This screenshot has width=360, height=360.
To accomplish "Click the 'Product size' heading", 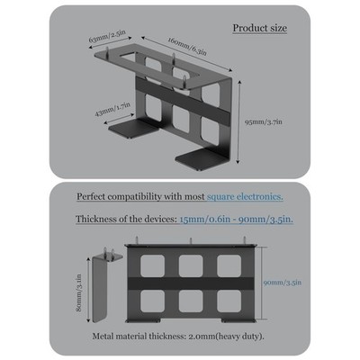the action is pyautogui.click(x=260, y=28).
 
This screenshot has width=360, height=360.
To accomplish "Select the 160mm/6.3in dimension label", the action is pyautogui.click(x=187, y=46).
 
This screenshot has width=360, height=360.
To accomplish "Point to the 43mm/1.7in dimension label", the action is pyautogui.click(x=112, y=110).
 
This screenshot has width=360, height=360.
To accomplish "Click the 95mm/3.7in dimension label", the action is pyautogui.click(x=264, y=122).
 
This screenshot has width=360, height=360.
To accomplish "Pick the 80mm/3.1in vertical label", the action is pyautogui.click(x=79, y=292).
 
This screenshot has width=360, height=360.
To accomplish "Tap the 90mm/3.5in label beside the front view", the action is pyautogui.click(x=283, y=283).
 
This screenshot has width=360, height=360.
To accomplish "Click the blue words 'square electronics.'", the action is pyautogui.click(x=245, y=197).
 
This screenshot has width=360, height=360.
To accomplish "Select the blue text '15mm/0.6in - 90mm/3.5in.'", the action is pyautogui.click(x=237, y=219).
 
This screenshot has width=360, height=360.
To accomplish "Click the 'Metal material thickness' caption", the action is pyautogui.click(x=178, y=337).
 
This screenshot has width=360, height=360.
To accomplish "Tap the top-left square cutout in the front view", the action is pyautogui.click(x=152, y=265).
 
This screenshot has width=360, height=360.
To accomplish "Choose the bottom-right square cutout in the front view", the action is pyautogui.click(x=229, y=301).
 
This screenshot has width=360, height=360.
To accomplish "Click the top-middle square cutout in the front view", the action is pyautogui.click(x=191, y=265).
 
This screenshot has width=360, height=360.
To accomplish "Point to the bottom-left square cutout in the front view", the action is pyautogui.click(x=152, y=301).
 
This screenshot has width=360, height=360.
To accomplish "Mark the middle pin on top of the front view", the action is pyautogui.click(x=190, y=241).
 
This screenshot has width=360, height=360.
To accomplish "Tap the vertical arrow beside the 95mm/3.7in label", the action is pyautogui.click(x=238, y=122).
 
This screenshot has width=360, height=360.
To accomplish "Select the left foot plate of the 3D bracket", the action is pyautogui.click(x=133, y=129).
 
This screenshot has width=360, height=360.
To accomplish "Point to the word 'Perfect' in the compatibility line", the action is pyautogui.click(x=91, y=197).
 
